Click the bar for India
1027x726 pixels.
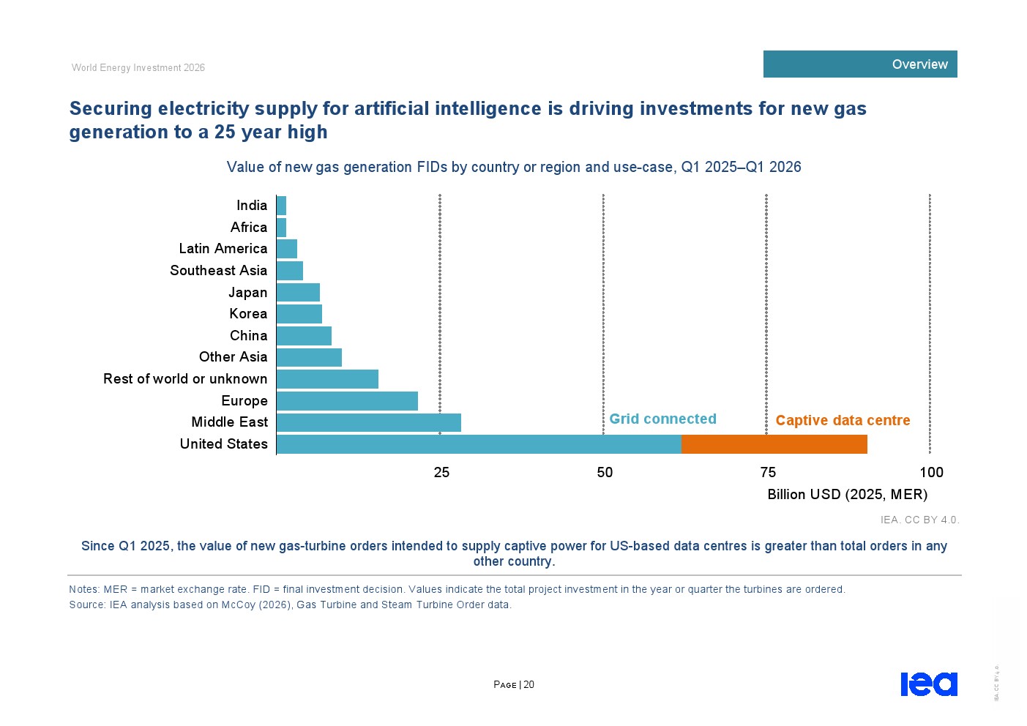[282, 206]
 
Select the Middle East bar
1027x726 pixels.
[369, 422]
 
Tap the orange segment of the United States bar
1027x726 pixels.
[774, 444]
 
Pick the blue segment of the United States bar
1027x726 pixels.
[479, 444]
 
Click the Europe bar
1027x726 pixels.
[348, 401]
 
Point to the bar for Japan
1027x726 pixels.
[299, 293]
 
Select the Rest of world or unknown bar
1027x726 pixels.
[328, 379]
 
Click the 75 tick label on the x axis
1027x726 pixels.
[768, 472]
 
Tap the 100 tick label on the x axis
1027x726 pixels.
[932, 472]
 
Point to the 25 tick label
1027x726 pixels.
[441, 472]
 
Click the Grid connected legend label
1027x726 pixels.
[662, 419]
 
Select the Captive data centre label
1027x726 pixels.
[843, 420]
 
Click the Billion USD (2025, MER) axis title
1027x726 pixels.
[847, 495]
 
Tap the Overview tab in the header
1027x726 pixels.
[860, 64]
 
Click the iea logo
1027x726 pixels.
[929, 684]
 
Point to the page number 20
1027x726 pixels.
[529, 684]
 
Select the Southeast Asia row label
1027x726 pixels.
[219, 270]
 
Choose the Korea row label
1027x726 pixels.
[248, 313]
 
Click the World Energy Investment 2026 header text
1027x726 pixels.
[138, 68]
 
